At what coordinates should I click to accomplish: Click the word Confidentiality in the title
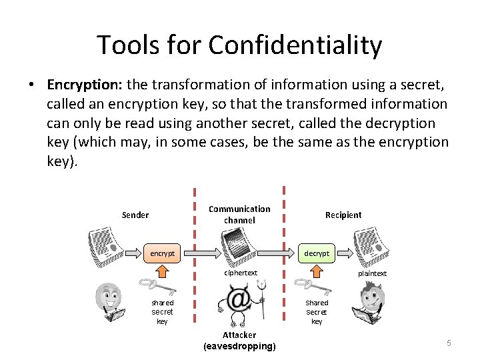pos(295,45)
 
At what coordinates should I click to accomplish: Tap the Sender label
pos(135,215)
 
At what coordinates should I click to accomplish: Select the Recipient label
pos(343,215)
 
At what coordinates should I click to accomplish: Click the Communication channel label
pos(239,215)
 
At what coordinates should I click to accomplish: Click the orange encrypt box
pos(163,254)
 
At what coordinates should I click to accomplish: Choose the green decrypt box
pos(316,253)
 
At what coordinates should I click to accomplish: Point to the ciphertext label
pos(241,273)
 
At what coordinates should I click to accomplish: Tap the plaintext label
pos(372,273)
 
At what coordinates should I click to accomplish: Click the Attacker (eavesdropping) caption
pos(239,340)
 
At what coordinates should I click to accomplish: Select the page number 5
pos(449,343)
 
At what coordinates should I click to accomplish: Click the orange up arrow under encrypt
pos(163,271)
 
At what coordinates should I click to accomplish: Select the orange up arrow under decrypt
pos(317,270)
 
